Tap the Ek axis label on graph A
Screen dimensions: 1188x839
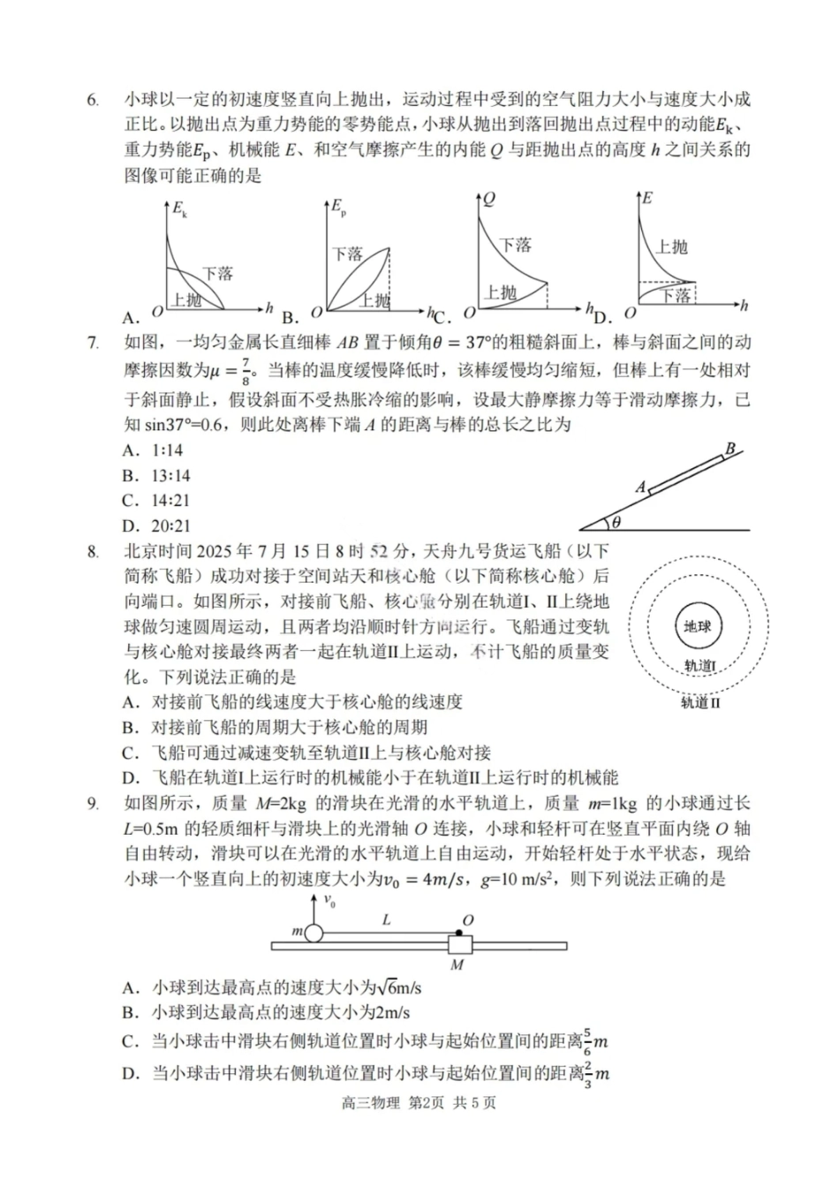(x=179, y=209)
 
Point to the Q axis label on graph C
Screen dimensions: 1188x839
(x=488, y=199)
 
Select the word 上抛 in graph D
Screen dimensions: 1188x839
(x=671, y=246)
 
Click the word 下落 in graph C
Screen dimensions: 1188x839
(x=515, y=245)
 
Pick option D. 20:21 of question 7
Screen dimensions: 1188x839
(x=156, y=526)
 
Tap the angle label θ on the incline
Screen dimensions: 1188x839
(x=616, y=522)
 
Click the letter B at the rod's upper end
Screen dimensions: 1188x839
(x=730, y=449)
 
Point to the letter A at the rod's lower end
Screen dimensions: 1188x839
(x=641, y=487)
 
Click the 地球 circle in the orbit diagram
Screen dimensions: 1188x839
(x=698, y=627)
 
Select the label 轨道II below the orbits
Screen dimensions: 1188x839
(x=700, y=704)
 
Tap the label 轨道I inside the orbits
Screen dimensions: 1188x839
(x=700, y=666)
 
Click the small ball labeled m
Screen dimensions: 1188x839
(x=314, y=932)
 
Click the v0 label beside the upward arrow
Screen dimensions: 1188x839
(x=329, y=902)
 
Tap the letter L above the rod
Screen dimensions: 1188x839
(x=386, y=919)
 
